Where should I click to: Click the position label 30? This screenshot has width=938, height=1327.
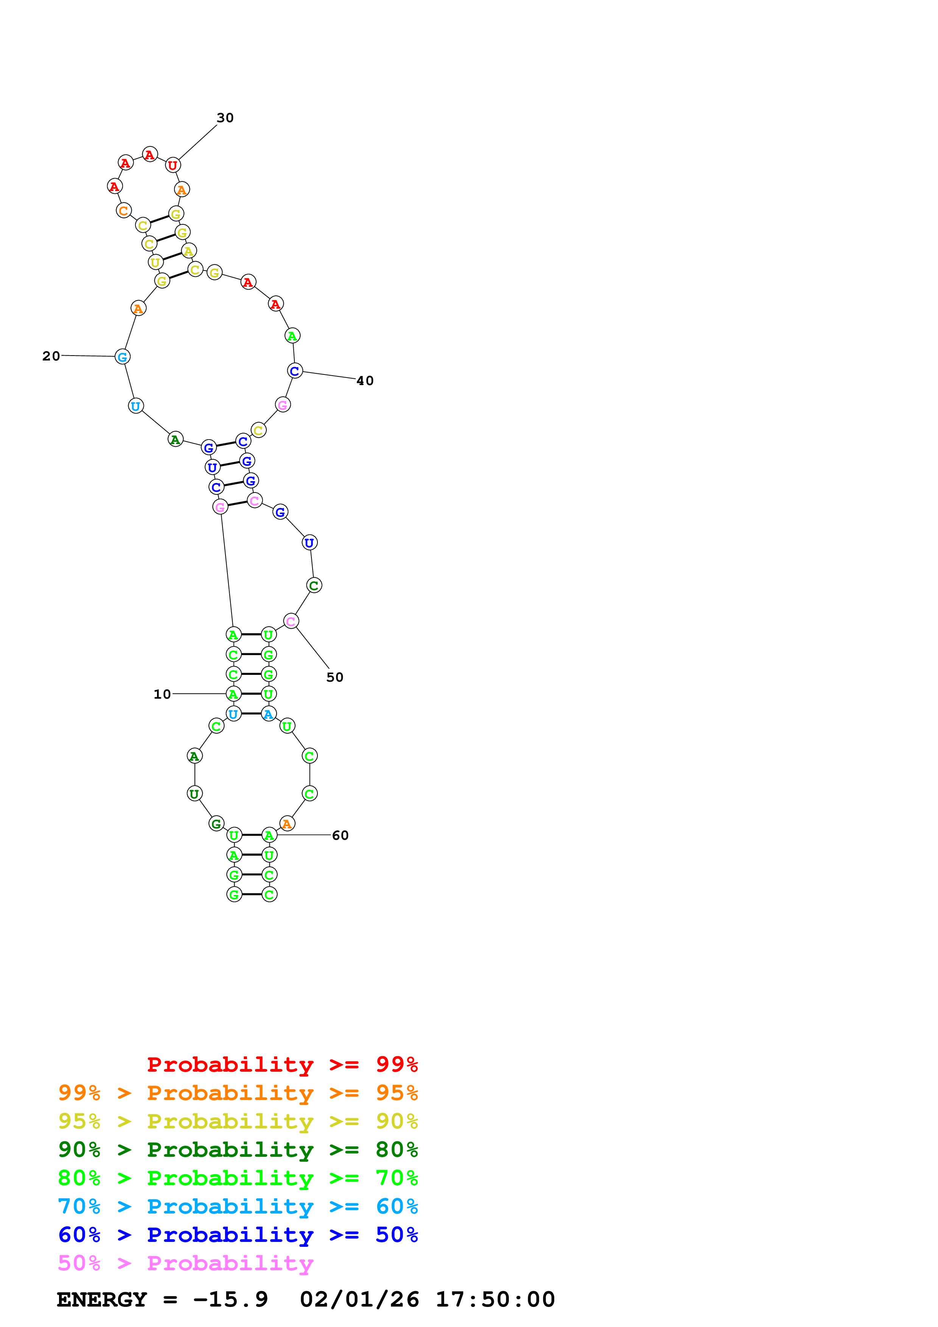click(225, 118)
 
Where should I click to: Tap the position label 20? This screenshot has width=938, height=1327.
click(51, 356)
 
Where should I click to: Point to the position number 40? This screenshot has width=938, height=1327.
click(365, 381)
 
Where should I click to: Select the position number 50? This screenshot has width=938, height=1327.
click(334, 677)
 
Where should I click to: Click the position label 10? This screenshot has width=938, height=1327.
click(162, 694)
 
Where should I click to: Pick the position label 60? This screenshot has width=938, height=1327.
click(340, 835)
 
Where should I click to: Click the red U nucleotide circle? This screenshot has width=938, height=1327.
click(172, 165)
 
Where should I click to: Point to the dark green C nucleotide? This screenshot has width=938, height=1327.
click(314, 586)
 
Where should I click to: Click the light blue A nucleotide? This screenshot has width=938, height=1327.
click(269, 714)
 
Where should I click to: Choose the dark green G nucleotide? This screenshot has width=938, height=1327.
click(216, 824)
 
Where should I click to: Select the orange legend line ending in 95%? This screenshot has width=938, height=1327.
click(238, 1093)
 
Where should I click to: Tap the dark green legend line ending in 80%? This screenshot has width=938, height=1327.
click(238, 1150)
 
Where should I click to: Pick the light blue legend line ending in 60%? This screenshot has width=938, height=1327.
click(238, 1206)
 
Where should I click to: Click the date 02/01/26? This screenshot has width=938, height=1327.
click(359, 1299)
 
